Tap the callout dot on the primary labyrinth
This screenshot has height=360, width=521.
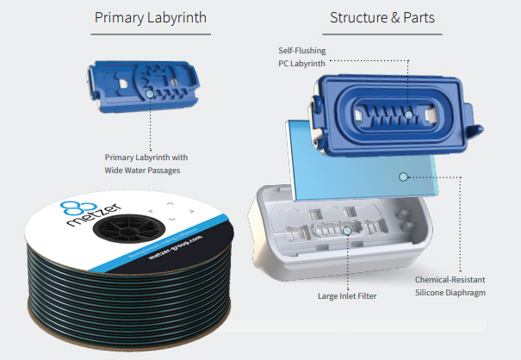pos(151,92)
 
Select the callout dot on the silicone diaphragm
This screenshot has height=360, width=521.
pos(401,177)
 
